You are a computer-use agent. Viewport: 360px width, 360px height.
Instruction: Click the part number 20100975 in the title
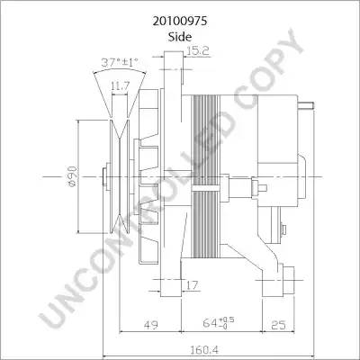pos(180,22)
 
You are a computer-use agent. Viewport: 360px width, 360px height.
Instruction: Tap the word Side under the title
pos(180,37)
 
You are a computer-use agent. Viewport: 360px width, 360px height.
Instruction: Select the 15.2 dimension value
pos(198,51)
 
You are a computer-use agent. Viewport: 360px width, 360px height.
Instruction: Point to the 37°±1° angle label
pos(120,63)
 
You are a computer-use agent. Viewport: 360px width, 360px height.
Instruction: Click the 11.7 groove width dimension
pos(121,86)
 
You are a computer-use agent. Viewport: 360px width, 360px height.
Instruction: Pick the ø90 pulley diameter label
pos(73,176)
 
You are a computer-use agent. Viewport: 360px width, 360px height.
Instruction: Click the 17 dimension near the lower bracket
pos(193,285)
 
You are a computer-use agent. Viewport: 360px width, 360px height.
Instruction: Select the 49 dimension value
pos(151,325)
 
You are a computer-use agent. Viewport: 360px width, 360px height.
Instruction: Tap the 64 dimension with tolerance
pos(218,323)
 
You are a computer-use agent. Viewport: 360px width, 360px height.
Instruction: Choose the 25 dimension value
pos(279,325)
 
